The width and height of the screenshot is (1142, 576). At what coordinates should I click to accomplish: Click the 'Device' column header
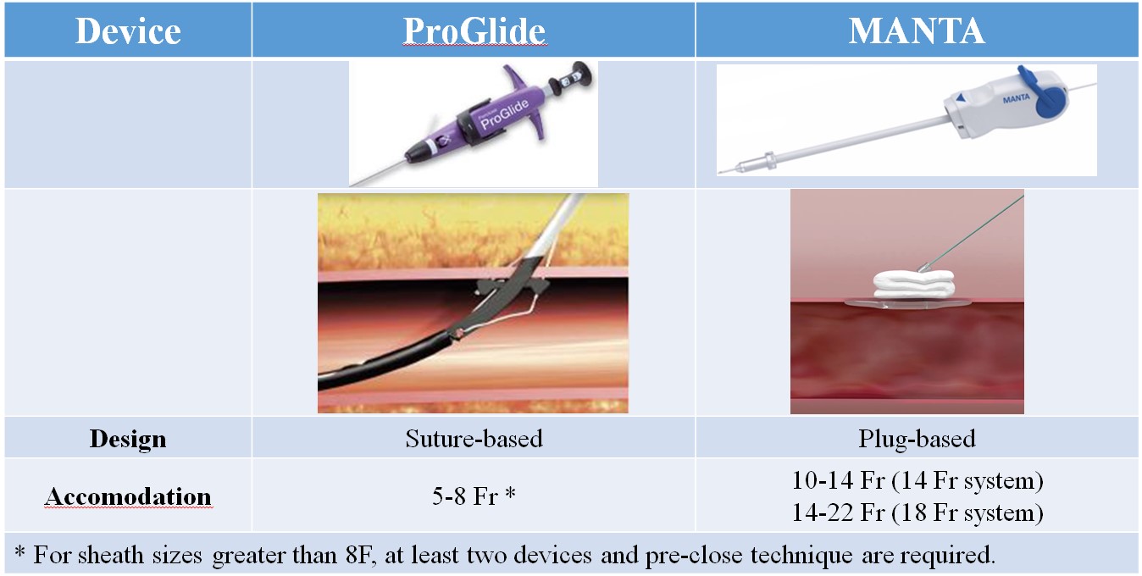pos(128,31)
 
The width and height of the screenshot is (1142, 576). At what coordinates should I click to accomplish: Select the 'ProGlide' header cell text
pos(474,31)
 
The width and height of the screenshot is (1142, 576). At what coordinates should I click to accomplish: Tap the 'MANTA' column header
pos(917,31)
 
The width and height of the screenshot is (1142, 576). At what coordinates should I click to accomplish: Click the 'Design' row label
pos(128,439)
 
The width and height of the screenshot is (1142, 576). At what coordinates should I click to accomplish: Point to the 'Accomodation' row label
pos(128,496)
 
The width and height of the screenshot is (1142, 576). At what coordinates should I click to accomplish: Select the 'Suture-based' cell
pos(474,439)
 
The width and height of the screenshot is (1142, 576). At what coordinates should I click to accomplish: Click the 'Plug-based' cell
pos(917,439)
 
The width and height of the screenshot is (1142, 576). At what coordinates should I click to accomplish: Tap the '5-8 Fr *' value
pos(474,496)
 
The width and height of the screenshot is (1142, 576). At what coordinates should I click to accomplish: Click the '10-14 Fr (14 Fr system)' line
pos(917,480)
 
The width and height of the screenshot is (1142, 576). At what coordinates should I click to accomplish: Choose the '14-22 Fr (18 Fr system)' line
pos(917,512)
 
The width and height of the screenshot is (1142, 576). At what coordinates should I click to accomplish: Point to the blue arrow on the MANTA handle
pos(961,97)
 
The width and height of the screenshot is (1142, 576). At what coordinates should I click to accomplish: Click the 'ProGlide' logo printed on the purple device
pos(505,114)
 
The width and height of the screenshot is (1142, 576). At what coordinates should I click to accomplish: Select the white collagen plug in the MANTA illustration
pos(913,284)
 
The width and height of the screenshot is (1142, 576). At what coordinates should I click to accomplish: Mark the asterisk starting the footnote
pos(19,551)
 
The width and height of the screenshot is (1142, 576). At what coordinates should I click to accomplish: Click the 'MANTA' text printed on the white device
pos(1016,98)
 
